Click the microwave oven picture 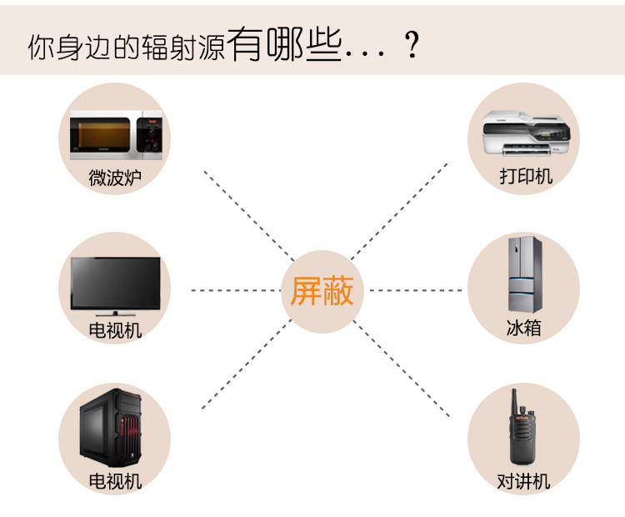tap(115, 133)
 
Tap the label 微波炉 tap(115, 178)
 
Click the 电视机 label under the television tap(115, 330)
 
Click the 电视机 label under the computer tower tap(115, 481)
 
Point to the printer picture tap(527, 132)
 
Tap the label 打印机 tap(526, 177)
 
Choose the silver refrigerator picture tap(525, 275)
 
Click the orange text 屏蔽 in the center tap(322, 292)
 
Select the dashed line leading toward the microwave tap(246, 212)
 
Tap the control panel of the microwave tap(151, 133)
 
